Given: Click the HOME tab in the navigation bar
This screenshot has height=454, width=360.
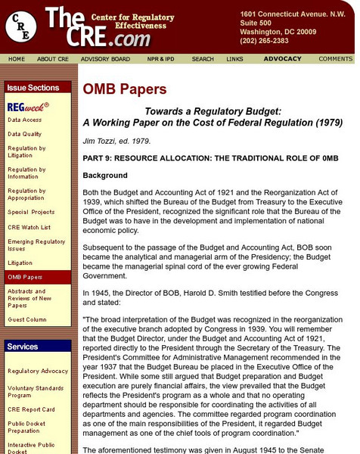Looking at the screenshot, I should tap(17, 58).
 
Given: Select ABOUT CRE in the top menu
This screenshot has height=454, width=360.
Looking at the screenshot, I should tap(52, 58).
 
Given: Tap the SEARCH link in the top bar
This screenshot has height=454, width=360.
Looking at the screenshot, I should tap(202, 58).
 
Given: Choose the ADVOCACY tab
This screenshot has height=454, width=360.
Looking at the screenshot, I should tap(282, 58).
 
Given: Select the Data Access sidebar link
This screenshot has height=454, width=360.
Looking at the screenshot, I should tap(26, 120).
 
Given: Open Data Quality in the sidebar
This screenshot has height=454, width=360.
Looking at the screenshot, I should tap(26, 134).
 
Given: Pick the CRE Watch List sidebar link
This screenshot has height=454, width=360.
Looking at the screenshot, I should tap(30, 226).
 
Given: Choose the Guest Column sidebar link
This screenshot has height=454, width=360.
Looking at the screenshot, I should tap(27, 319).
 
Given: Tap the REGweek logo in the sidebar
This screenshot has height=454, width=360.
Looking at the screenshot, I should tap(28, 107).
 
